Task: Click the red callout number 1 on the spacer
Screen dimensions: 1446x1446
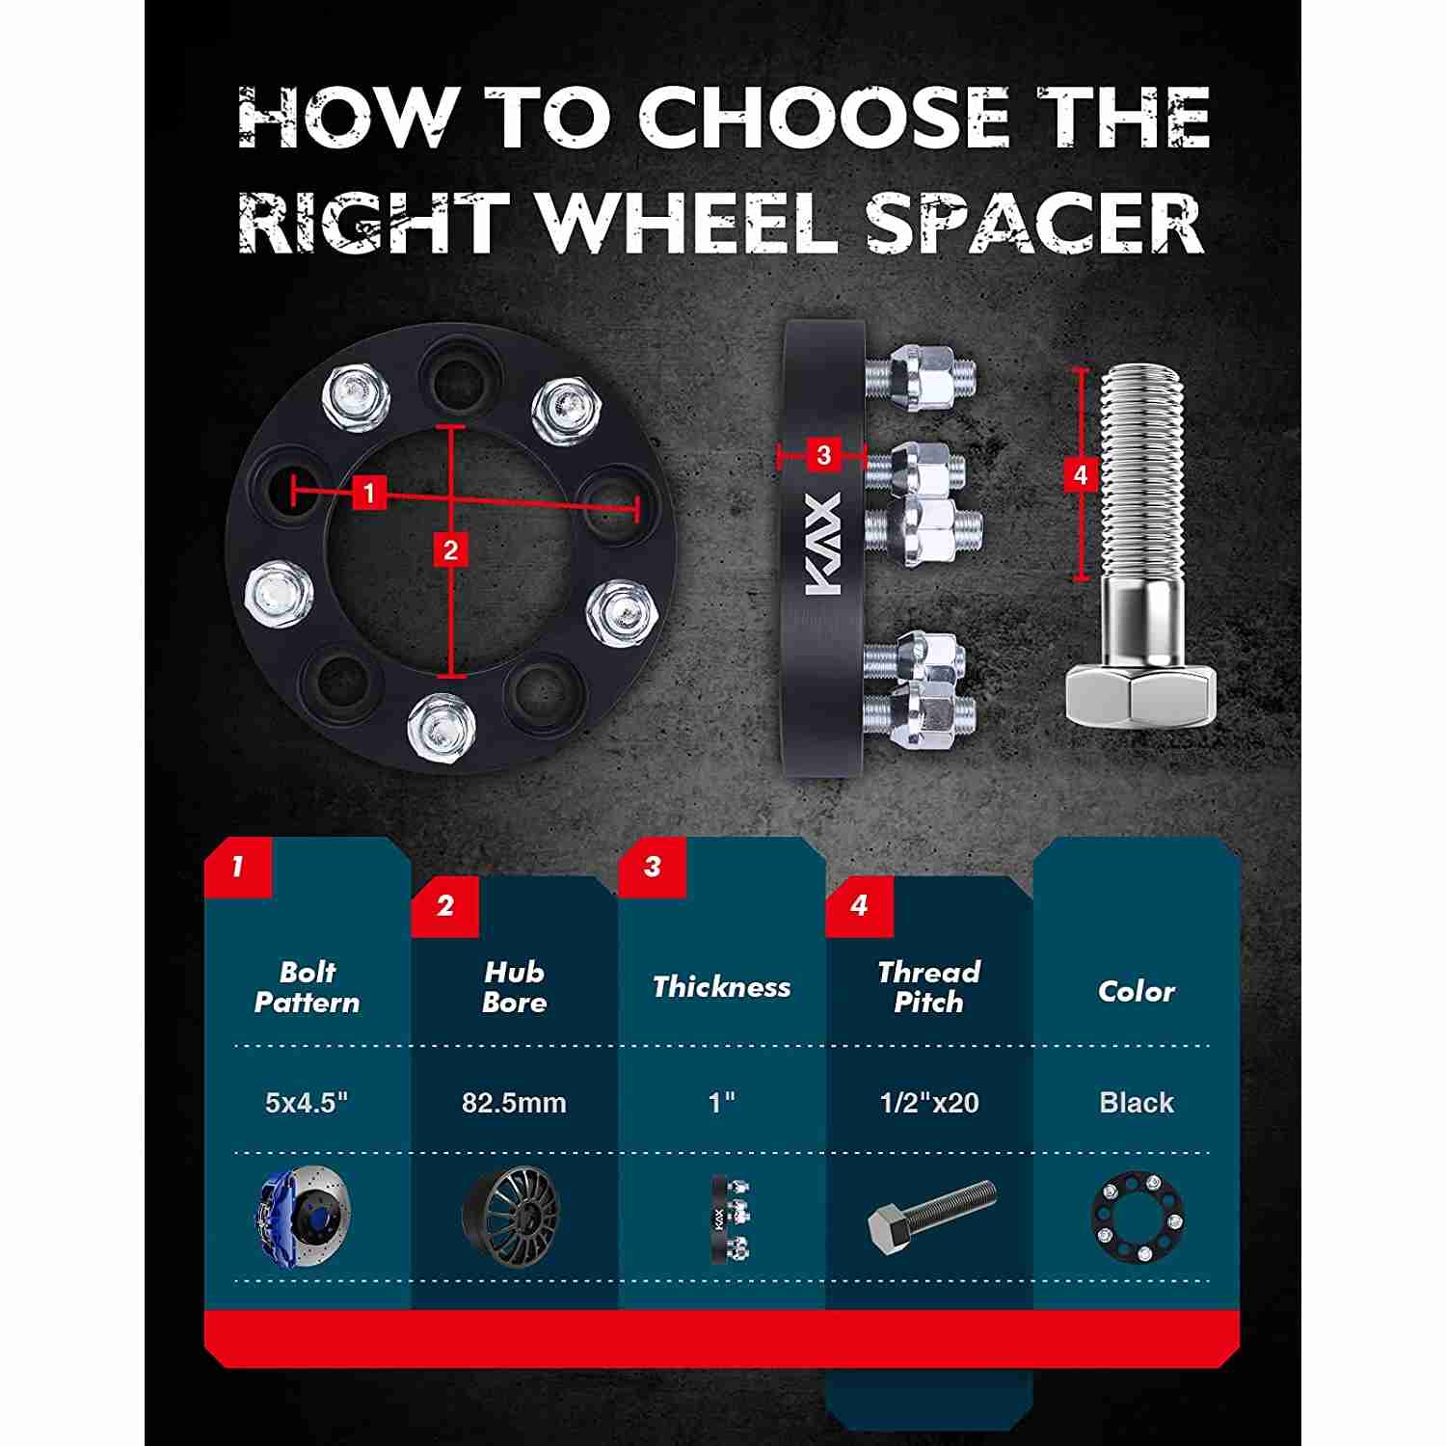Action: click(x=368, y=494)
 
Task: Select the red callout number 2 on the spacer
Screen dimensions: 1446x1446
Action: click(x=450, y=550)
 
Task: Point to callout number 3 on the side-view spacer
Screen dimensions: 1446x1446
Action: click(x=823, y=454)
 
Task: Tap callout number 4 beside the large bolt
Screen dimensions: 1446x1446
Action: click(x=1080, y=474)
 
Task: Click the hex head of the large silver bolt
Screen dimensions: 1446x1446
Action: click(x=1139, y=697)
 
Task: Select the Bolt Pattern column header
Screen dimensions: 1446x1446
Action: click(x=307, y=987)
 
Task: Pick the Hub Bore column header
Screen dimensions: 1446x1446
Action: click(x=514, y=987)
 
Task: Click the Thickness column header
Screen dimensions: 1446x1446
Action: click(x=721, y=987)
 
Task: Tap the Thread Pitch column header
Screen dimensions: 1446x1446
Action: click(x=928, y=987)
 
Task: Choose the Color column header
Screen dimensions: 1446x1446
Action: click(x=1137, y=991)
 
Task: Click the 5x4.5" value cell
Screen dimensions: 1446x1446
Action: click(x=307, y=1103)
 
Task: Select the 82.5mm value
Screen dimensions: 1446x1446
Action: click(x=514, y=1103)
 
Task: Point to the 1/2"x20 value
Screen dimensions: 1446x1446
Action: click(x=929, y=1103)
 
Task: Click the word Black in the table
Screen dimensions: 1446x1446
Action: click(x=1137, y=1103)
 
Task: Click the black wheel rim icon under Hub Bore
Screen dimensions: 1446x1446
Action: click(x=511, y=1218)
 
